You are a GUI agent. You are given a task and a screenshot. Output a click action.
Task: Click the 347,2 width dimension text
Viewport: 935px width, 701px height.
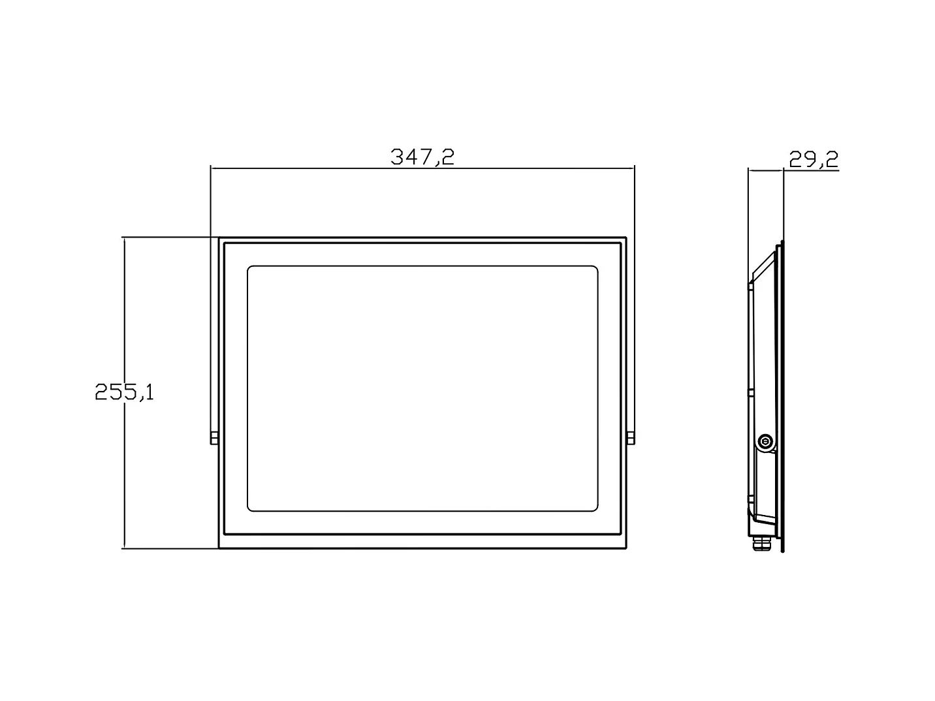(x=422, y=157)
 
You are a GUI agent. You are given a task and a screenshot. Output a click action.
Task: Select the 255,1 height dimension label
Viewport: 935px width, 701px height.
(x=124, y=392)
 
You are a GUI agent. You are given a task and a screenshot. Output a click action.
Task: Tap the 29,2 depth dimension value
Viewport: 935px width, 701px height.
(x=814, y=159)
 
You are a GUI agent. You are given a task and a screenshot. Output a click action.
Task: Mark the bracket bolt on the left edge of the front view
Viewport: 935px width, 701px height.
(x=214, y=438)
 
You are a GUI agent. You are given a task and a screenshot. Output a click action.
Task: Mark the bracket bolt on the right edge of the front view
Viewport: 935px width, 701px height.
(x=631, y=438)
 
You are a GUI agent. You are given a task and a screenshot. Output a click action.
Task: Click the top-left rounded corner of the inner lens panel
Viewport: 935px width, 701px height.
(x=249, y=268)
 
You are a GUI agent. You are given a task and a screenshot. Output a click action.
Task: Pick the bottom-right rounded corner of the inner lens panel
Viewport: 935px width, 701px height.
(x=595, y=508)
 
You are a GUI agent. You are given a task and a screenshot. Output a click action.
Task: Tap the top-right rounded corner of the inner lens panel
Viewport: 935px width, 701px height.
(x=595, y=268)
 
